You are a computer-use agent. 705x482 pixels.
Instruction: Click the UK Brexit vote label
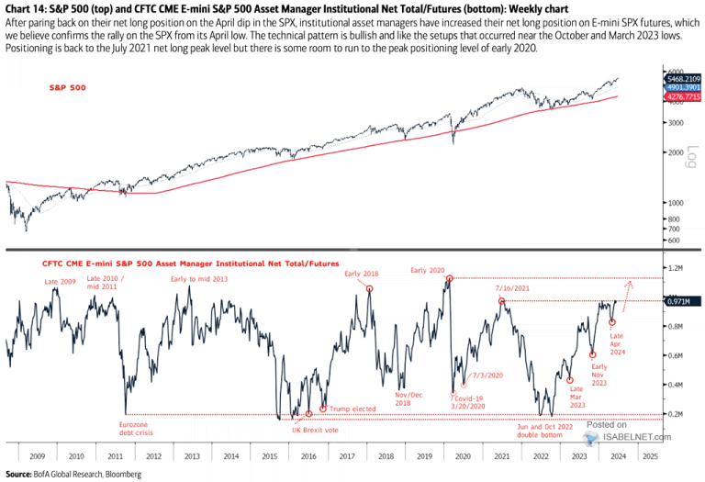pos(314,430)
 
